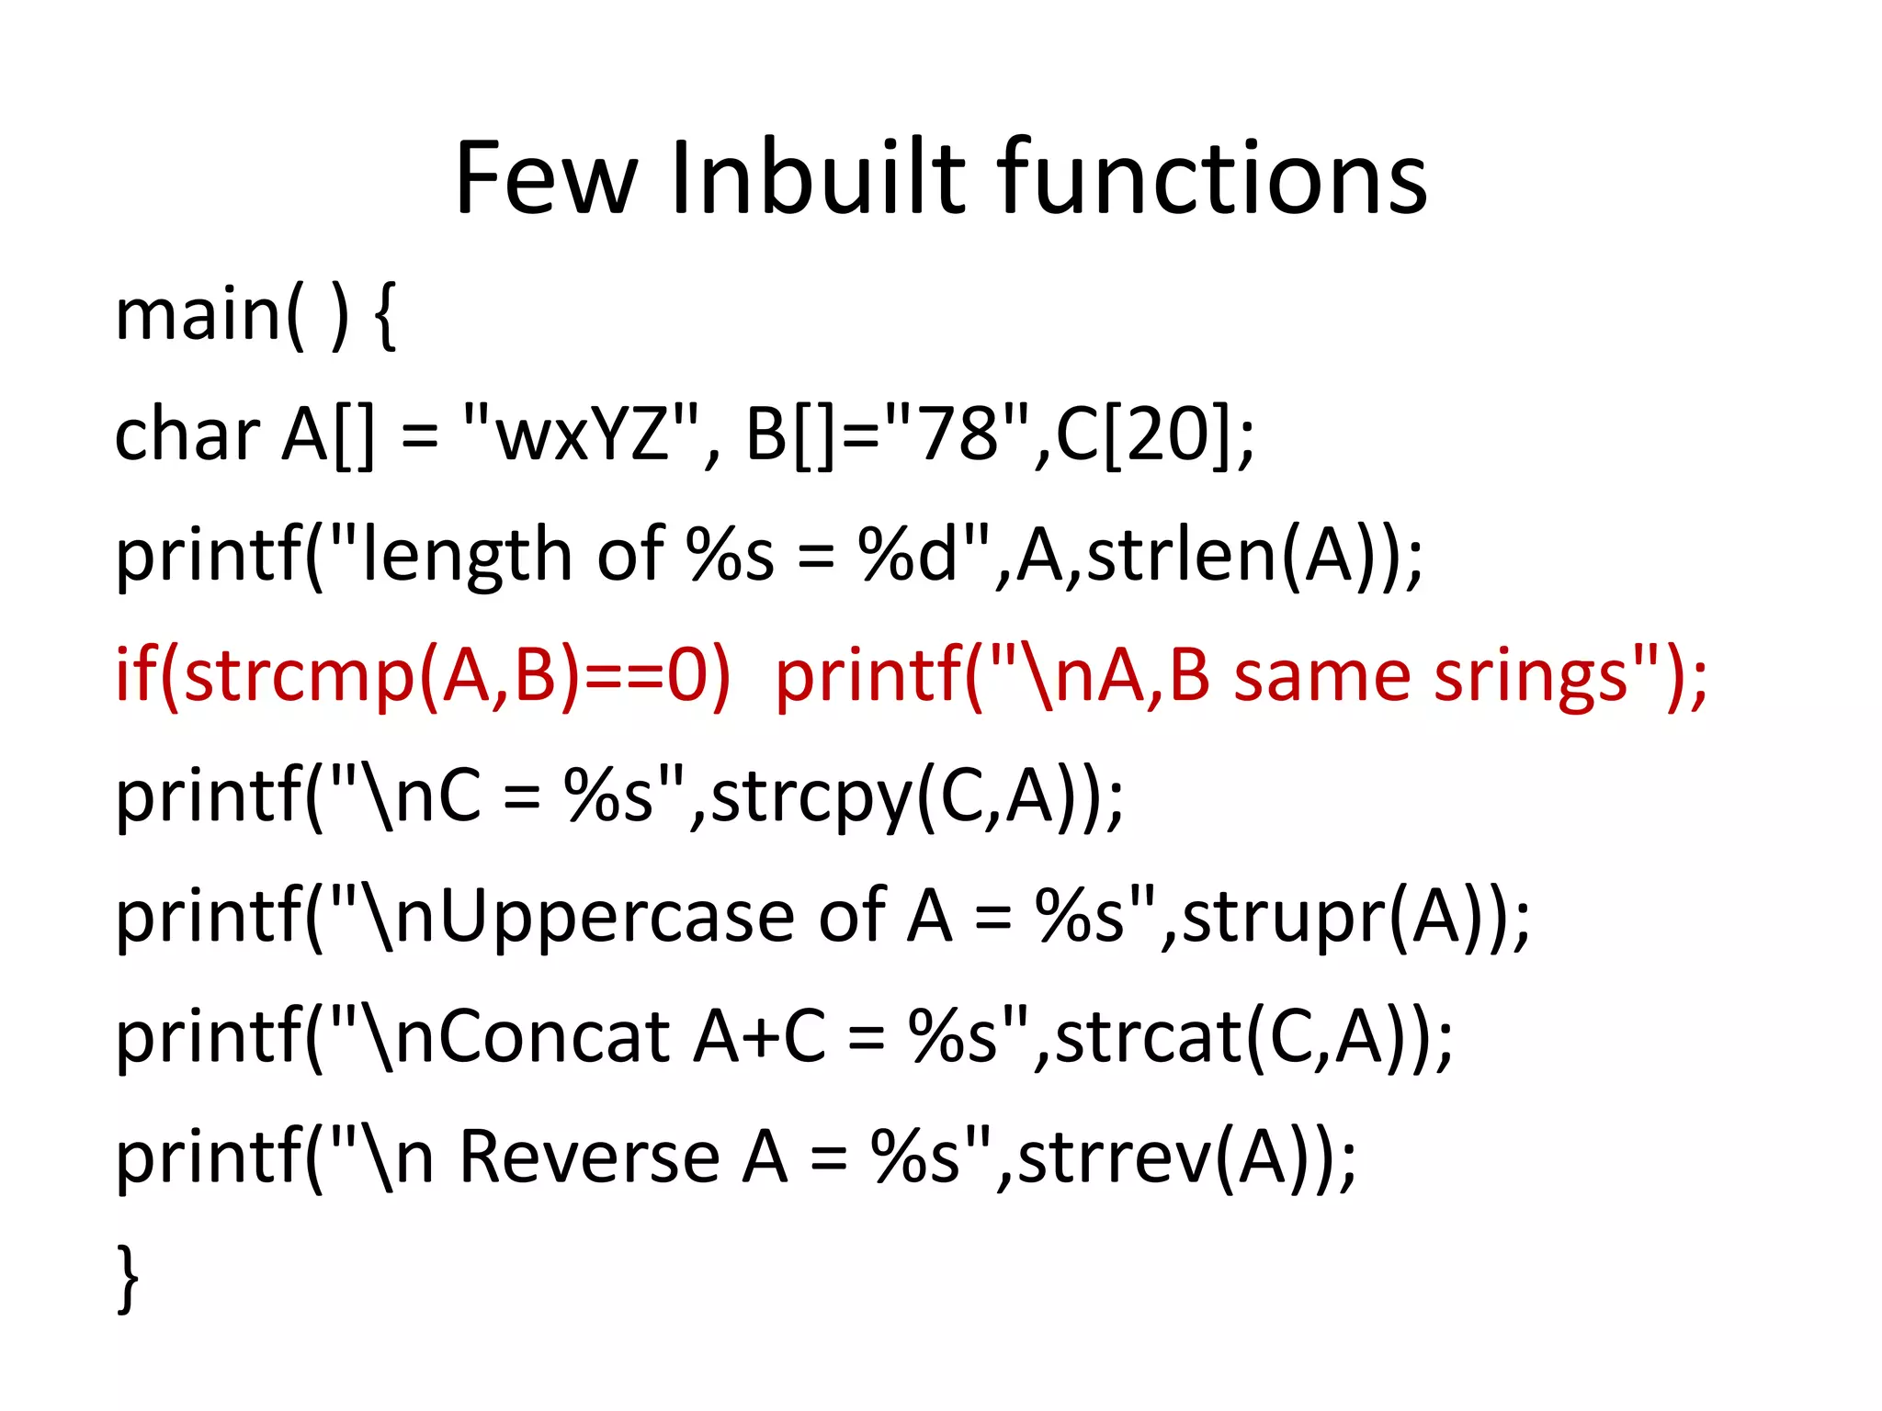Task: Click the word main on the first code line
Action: tap(198, 315)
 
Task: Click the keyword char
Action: tap(187, 435)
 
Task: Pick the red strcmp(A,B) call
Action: tap(382, 676)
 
